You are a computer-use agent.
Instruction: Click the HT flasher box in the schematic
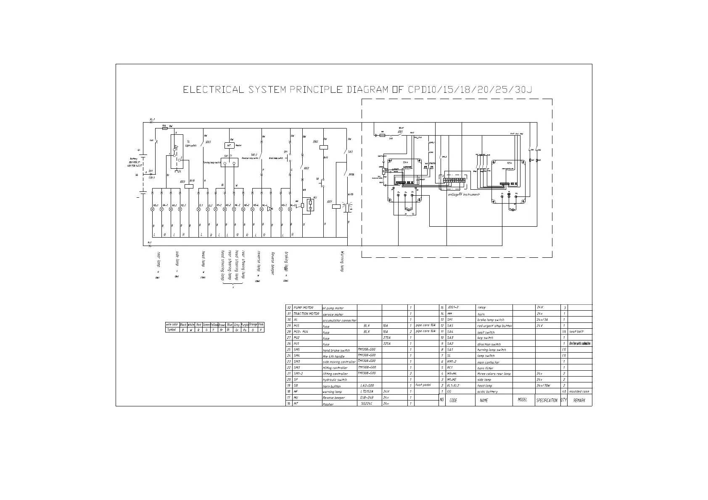tap(229, 145)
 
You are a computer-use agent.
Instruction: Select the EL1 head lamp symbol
tap(199, 209)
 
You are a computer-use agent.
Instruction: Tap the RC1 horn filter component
tap(310, 204)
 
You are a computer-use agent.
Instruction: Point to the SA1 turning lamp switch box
tap(229, 162)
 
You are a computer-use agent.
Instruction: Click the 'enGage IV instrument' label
tap(463, 194)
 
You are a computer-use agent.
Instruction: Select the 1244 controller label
tap(405, 162)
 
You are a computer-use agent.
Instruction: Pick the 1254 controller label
tap(509, 162)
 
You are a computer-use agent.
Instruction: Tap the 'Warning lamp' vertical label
tap(342, 262)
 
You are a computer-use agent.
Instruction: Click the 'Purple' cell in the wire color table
tap(245, 325)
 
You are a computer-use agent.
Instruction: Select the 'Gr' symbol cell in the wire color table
tap(237, 330)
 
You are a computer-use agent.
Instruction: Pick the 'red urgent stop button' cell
tap(494, 326)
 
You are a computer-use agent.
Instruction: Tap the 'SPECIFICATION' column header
tap(547, 401)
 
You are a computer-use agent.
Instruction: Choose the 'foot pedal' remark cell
tap(423, 385)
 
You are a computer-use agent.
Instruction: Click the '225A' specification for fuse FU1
tap(388, 344)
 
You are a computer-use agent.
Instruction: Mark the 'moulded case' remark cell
tap(579, 391)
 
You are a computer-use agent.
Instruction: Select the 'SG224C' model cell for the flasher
tap(367, 403)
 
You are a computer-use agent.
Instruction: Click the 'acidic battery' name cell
tap(488, 391)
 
